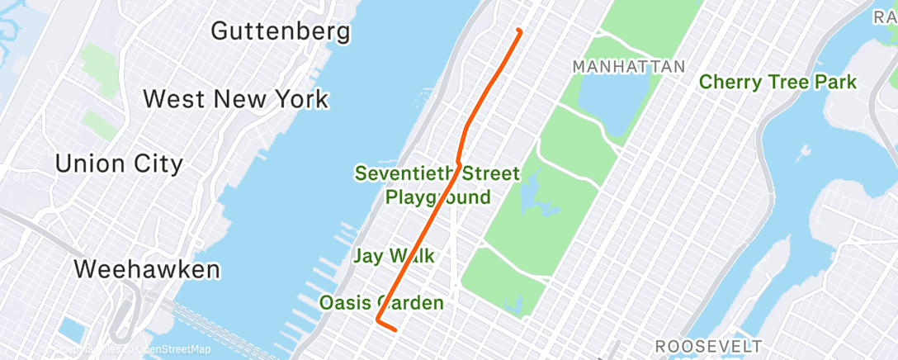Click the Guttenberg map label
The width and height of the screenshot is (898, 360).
281,31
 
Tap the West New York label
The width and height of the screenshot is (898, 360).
236,99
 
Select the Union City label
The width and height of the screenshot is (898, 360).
119,163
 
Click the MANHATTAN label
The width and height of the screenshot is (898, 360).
629,66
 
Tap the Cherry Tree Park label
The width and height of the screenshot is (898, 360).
777,82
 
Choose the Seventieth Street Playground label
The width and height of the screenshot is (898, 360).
437,185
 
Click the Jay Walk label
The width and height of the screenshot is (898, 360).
394,256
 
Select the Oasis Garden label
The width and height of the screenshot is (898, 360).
381,303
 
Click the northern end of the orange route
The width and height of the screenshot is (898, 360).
518,31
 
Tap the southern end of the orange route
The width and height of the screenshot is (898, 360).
395,329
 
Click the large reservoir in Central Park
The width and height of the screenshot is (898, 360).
612,103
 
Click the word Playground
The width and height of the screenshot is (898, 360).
437,197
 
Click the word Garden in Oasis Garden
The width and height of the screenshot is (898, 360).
410,303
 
